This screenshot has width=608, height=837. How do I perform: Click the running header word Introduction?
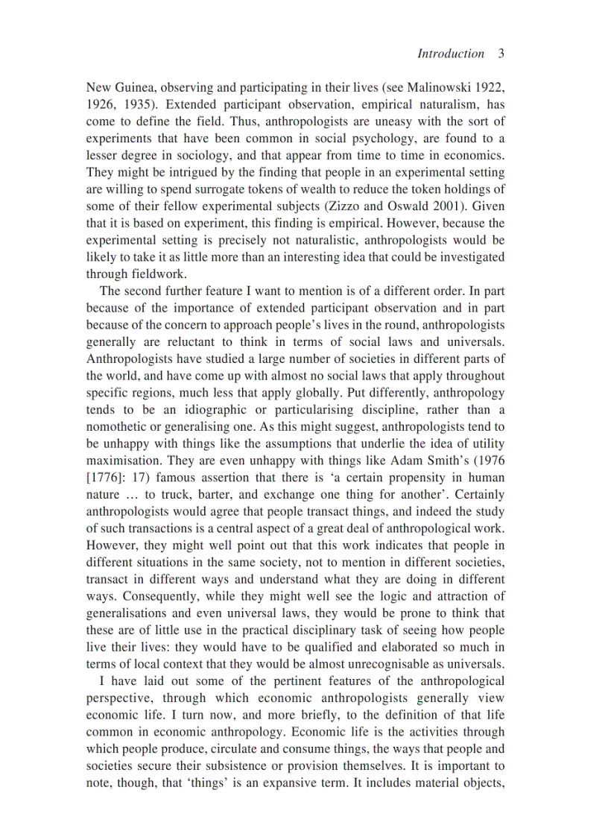click(450, 53)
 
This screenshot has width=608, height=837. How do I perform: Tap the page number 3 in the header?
click(501, 53)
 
